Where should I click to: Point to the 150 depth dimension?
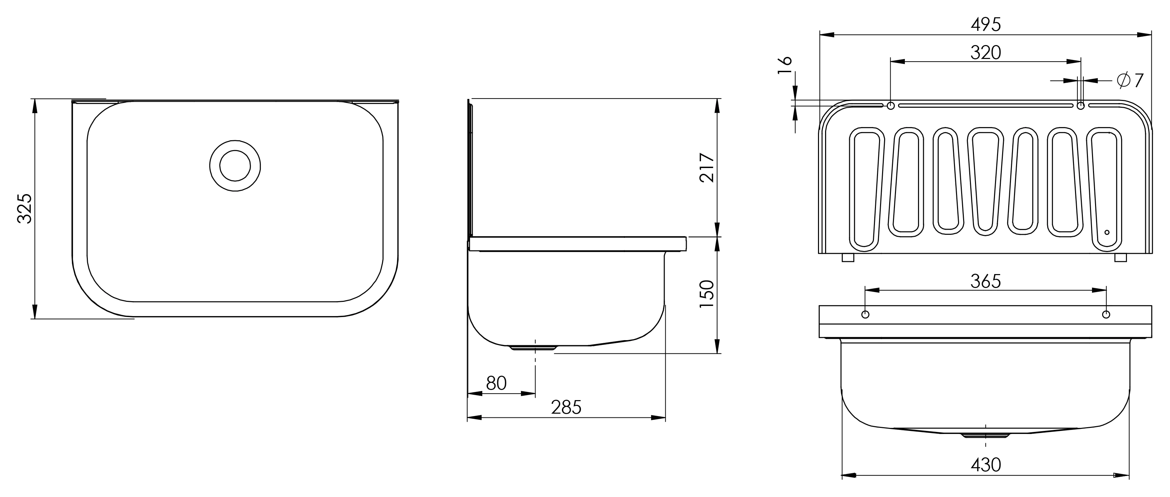[x=707, y=294]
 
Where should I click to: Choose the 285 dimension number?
[x=566, y=408]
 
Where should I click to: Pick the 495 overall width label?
[x=986, y=24]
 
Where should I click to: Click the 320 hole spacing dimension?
[x=986, y=53]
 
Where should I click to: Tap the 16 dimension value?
[x=785, y=66]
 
